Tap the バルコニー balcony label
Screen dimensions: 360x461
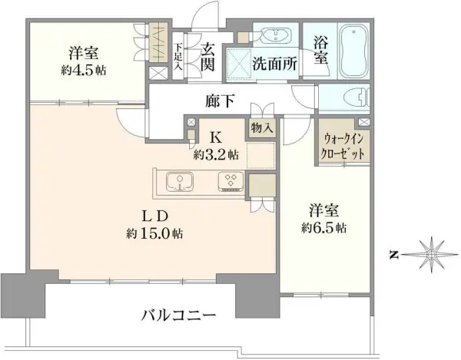[177, 314]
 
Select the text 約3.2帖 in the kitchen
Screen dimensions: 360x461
[215, 155]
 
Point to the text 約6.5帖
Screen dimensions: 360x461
[323, 228]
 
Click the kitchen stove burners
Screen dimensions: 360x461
[230, 182]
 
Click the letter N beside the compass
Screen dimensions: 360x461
[392, 253]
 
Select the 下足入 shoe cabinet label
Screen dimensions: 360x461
[177, 54]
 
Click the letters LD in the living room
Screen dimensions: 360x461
[149, 214]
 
